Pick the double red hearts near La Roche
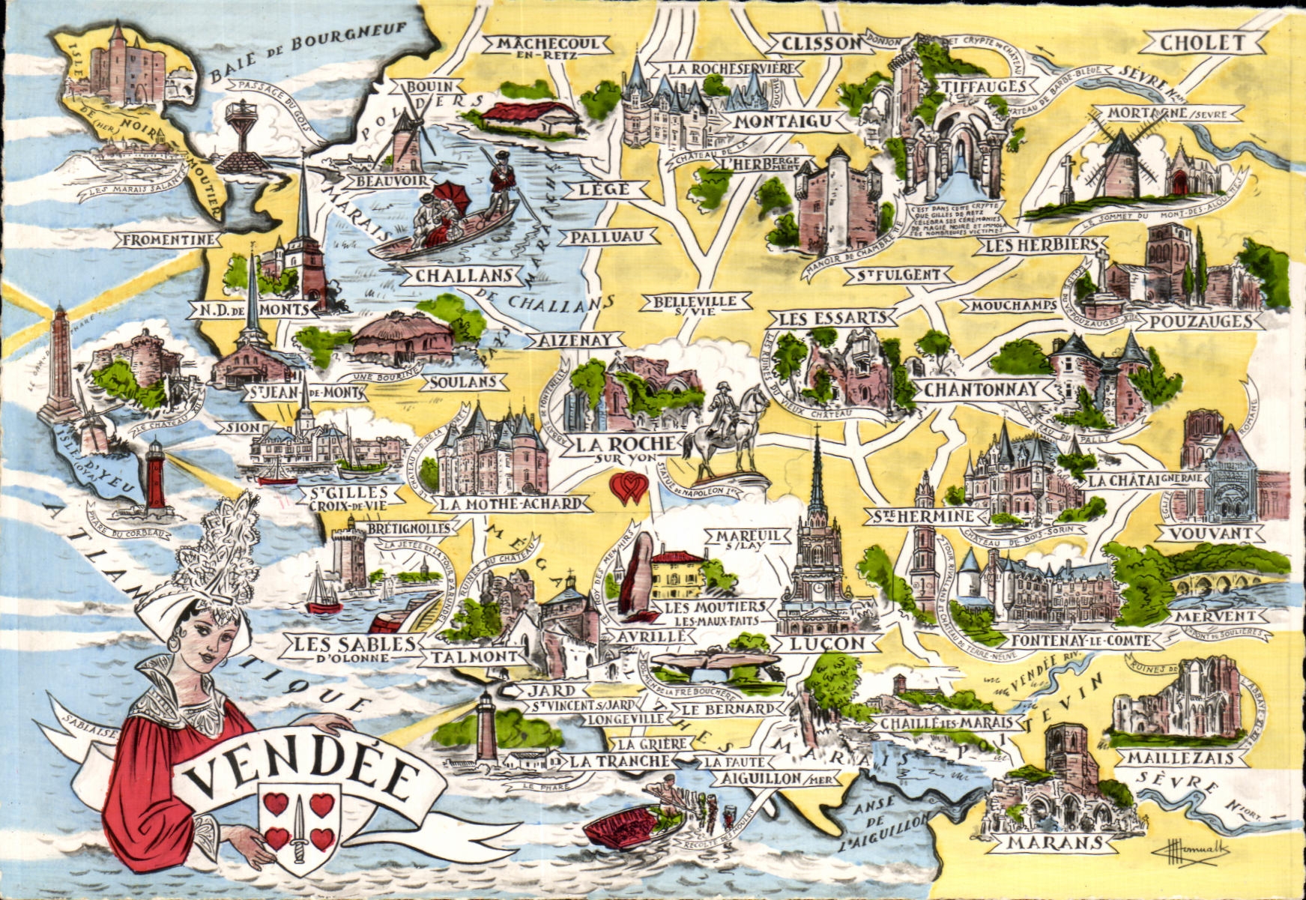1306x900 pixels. (629, 488)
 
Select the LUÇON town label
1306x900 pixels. (827, 643)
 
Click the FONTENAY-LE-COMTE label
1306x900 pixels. (1083, 641)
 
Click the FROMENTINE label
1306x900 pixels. (169, 240)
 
